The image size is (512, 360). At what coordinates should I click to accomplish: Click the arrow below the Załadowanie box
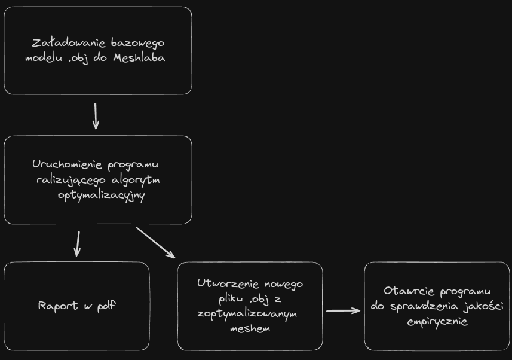click(96, 116)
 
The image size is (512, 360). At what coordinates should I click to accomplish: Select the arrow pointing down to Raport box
click(77, 243)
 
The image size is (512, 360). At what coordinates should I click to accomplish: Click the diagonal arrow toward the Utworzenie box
click(155, 242)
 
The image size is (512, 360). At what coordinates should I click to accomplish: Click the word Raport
click(57, 306)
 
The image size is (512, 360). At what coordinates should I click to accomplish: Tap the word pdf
click(105, 306)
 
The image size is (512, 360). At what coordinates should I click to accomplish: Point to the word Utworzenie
click(226, 283)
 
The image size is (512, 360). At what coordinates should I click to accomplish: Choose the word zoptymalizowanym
click(247, 314)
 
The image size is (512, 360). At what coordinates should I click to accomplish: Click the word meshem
click(250, 329)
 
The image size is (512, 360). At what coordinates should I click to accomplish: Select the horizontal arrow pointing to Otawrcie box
click(344, 310)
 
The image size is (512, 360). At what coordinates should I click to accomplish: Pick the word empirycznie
click(437, 322)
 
